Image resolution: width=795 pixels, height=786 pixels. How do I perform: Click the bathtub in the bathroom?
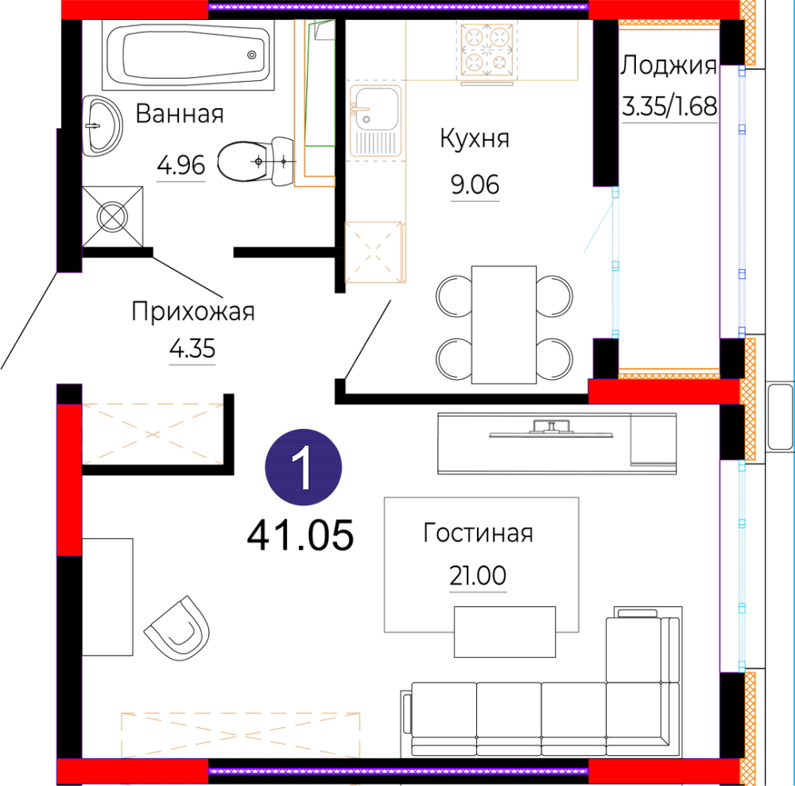click(188, 55)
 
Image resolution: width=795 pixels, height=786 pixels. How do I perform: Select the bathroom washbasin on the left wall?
click(102, 126)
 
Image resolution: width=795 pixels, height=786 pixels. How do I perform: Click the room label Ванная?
click(180, 114)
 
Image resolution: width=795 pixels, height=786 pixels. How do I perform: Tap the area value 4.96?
click(181, 166)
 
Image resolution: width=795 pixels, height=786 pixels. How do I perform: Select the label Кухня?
click(475, 138)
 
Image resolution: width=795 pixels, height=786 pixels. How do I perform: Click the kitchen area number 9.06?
click(475, 184)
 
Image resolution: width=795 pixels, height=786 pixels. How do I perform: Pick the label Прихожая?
click(192, 312)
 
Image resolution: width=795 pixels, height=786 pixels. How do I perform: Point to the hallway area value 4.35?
click(192, 349)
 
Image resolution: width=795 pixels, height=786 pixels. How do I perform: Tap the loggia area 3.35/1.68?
click(669, 106)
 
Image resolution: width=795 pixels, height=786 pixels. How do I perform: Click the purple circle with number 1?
click(303, 467)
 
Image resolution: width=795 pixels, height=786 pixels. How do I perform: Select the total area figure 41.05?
click(301, 536)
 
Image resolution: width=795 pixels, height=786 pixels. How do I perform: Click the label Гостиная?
click(478, 533)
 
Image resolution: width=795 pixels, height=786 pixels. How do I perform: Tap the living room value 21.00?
click(478, 575)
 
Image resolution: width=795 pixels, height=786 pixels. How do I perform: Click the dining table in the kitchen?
click(503, 324)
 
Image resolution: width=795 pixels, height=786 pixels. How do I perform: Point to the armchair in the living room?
click(177, 628)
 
